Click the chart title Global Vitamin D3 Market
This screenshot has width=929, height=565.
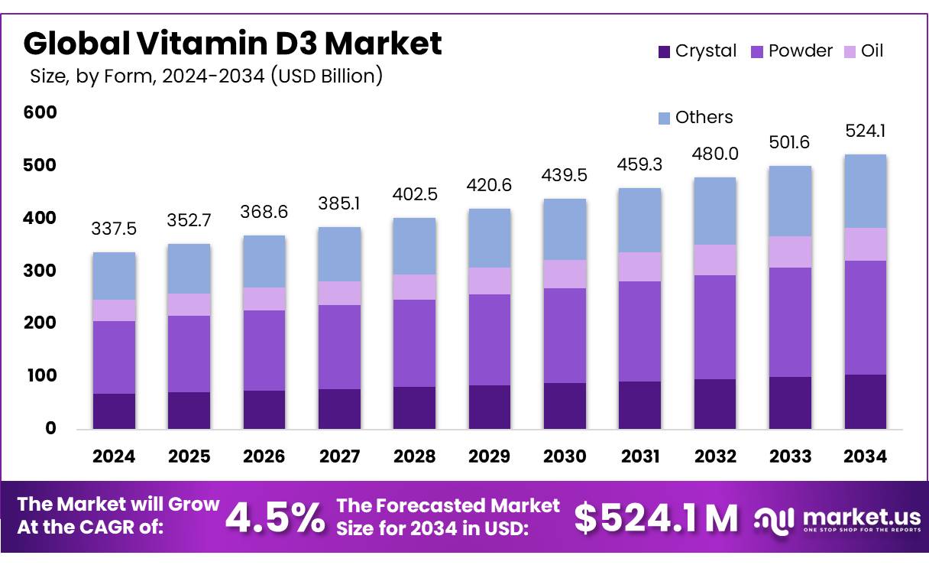(233, 43)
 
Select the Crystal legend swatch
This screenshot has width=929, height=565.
(664, 52)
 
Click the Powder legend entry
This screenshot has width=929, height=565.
(790, 51)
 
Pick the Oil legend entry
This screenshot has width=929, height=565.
(863, 51)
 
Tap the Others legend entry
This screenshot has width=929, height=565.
(695, 118)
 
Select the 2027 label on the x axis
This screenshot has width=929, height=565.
(339, 457)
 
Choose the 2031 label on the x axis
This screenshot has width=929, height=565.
(639, 457)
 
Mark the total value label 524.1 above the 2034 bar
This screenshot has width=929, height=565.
(866, 132)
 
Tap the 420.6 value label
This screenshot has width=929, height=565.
(490, 186)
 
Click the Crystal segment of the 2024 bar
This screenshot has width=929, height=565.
(115, 411)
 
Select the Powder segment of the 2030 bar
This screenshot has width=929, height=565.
(565, 335)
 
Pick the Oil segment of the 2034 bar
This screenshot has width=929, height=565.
(866, 244)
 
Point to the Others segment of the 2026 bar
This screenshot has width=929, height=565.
(264, 261)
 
